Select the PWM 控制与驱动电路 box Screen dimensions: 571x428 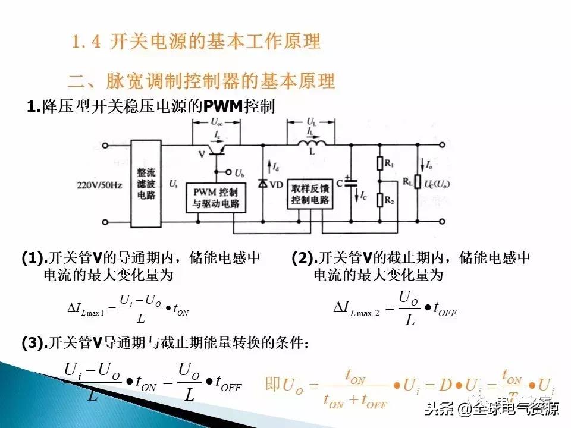tap(216, 198)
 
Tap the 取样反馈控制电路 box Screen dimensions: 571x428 tap(310, 193)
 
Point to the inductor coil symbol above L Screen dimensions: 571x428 tap(311, 144)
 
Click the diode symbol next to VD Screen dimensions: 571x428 tap(262, 184)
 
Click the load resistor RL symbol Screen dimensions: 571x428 tap(418, 181)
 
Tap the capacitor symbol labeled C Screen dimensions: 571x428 tap(351, 181)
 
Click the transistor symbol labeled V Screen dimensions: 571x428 tap(218, 149)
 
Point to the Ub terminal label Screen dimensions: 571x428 tap(239, 173)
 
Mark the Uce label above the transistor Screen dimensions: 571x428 tap(218, 121)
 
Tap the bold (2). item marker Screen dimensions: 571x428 tap(303, 258)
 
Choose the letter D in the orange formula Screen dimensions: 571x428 tap(445, 385)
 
